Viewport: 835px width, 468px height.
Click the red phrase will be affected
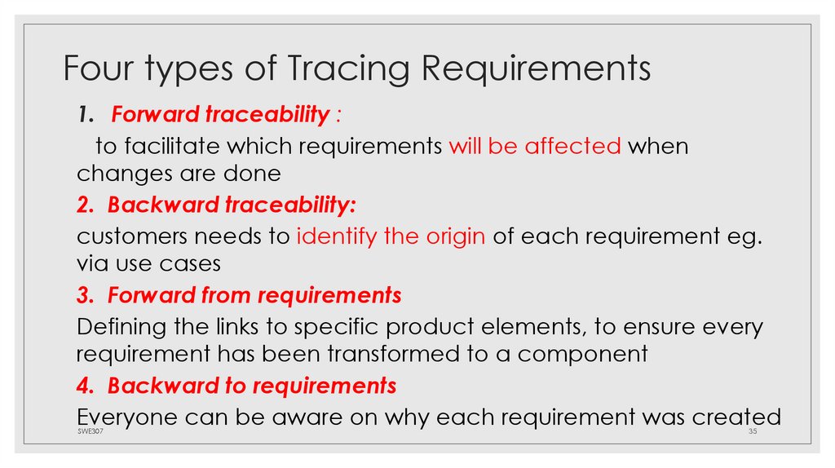535,147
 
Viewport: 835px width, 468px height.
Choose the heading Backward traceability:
232,205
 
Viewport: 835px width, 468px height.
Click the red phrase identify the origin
391,236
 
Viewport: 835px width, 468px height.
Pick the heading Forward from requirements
254,295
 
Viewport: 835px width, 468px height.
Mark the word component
583,354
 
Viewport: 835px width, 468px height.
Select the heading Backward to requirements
252,385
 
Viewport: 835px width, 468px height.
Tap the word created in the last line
736,417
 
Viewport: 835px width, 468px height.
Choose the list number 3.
82,295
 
